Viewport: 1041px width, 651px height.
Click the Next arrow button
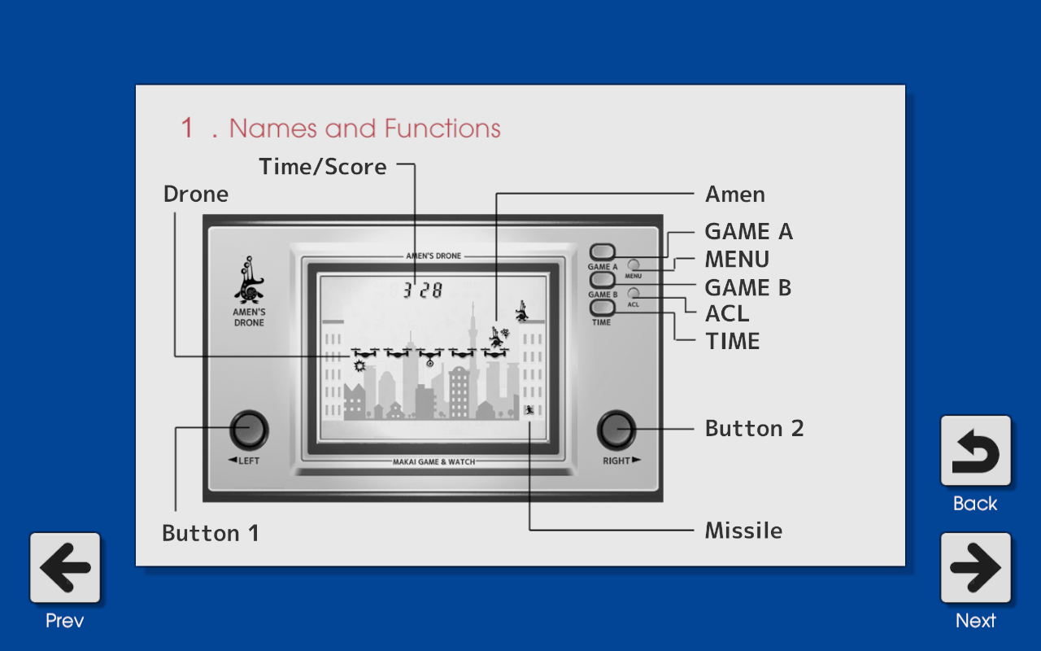[x=975, y=568]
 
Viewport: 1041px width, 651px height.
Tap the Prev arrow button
[x=65, y=568]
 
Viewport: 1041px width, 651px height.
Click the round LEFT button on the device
[x=248, y=430]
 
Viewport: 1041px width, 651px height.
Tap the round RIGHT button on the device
[x=616, y=430]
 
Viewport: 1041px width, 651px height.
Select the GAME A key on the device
[x=603, y=252]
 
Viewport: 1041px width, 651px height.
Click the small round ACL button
[x=634, y=293]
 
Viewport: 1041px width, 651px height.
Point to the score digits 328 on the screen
[x=424, y=290]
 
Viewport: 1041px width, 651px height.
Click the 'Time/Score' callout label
[x=323, y=167]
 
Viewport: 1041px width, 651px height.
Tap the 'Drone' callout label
[x=196, y=194]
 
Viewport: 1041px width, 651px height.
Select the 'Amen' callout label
[x=735, y=194]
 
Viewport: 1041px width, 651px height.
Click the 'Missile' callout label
[x=743, y=531]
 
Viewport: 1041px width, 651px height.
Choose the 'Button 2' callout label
[x=754, y=429]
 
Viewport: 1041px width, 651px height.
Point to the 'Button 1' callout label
[x=211, y=533]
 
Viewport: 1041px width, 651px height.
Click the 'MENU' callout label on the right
[x=737, y=260]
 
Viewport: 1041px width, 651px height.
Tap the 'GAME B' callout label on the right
[x=748, y=287]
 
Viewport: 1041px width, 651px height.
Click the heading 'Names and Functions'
[x=364, y=129]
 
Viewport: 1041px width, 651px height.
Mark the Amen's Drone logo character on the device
[x=249, y=281]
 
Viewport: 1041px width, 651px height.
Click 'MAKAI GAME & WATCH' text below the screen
[x=433, y=461]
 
